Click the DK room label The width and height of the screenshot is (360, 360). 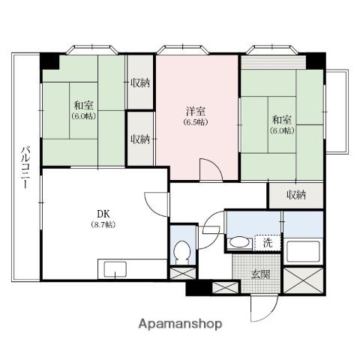point(103,214)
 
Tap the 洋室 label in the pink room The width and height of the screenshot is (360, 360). point(196,111)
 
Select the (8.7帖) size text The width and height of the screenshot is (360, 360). point(103,224)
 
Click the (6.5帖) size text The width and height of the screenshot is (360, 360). point(196,122)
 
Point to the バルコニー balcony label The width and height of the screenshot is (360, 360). point(25,168)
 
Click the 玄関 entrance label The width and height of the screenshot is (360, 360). point(260,274)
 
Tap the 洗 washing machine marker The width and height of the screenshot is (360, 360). point(268,243)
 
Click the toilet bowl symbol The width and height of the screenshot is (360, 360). point(183,252)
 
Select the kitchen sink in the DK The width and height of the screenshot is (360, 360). point(115,269)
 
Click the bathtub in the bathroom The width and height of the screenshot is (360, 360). point(303,251)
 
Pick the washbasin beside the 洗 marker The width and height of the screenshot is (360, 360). point(240,242)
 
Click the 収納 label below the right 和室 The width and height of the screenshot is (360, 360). point(296,195)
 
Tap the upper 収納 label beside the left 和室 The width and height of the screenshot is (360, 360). point(140,82)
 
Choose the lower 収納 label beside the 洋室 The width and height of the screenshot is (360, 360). point(140,139)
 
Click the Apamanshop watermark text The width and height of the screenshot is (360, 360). point(180,324)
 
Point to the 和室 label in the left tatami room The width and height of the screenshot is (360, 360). point(84,106)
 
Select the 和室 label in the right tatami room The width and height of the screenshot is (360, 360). point(282,120)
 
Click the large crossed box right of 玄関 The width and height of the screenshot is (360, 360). point(303,280)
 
